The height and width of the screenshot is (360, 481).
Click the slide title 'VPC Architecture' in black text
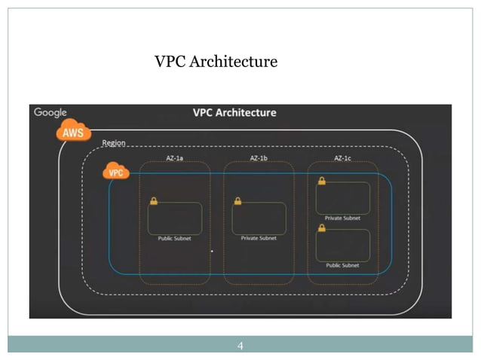[x=216, y=61]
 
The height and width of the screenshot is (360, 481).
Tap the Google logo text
[x=51, y=113]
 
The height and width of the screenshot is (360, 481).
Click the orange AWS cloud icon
[x=73, y=133]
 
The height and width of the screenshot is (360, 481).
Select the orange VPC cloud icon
[x=115, y=172]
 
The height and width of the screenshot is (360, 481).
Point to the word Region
[x=114, y=143]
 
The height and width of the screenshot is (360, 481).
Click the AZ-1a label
[x=175, y=158]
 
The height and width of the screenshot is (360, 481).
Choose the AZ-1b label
[x=259, y=158]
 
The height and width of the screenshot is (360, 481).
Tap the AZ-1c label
[x=343, y=158]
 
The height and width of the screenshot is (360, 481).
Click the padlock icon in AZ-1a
[x=154, y=201]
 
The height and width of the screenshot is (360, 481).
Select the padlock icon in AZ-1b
[x=237, y=201]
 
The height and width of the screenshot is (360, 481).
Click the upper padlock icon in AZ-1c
[x=322, y=181]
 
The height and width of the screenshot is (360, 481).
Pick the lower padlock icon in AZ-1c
[x=322, y=228]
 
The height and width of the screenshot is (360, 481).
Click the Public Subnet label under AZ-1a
[x=174, y=239]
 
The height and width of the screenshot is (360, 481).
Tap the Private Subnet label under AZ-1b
[x=259, y=239]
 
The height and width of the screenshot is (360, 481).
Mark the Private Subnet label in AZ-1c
[x=342, y=218]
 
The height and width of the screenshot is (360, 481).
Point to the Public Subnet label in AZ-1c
[x=342, y=265]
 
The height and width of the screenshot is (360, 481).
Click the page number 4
[x=240, y=346]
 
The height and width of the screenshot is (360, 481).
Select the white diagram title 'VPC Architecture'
[x=234, y=113]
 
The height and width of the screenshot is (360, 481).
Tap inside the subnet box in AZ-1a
[x=176, y=218]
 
